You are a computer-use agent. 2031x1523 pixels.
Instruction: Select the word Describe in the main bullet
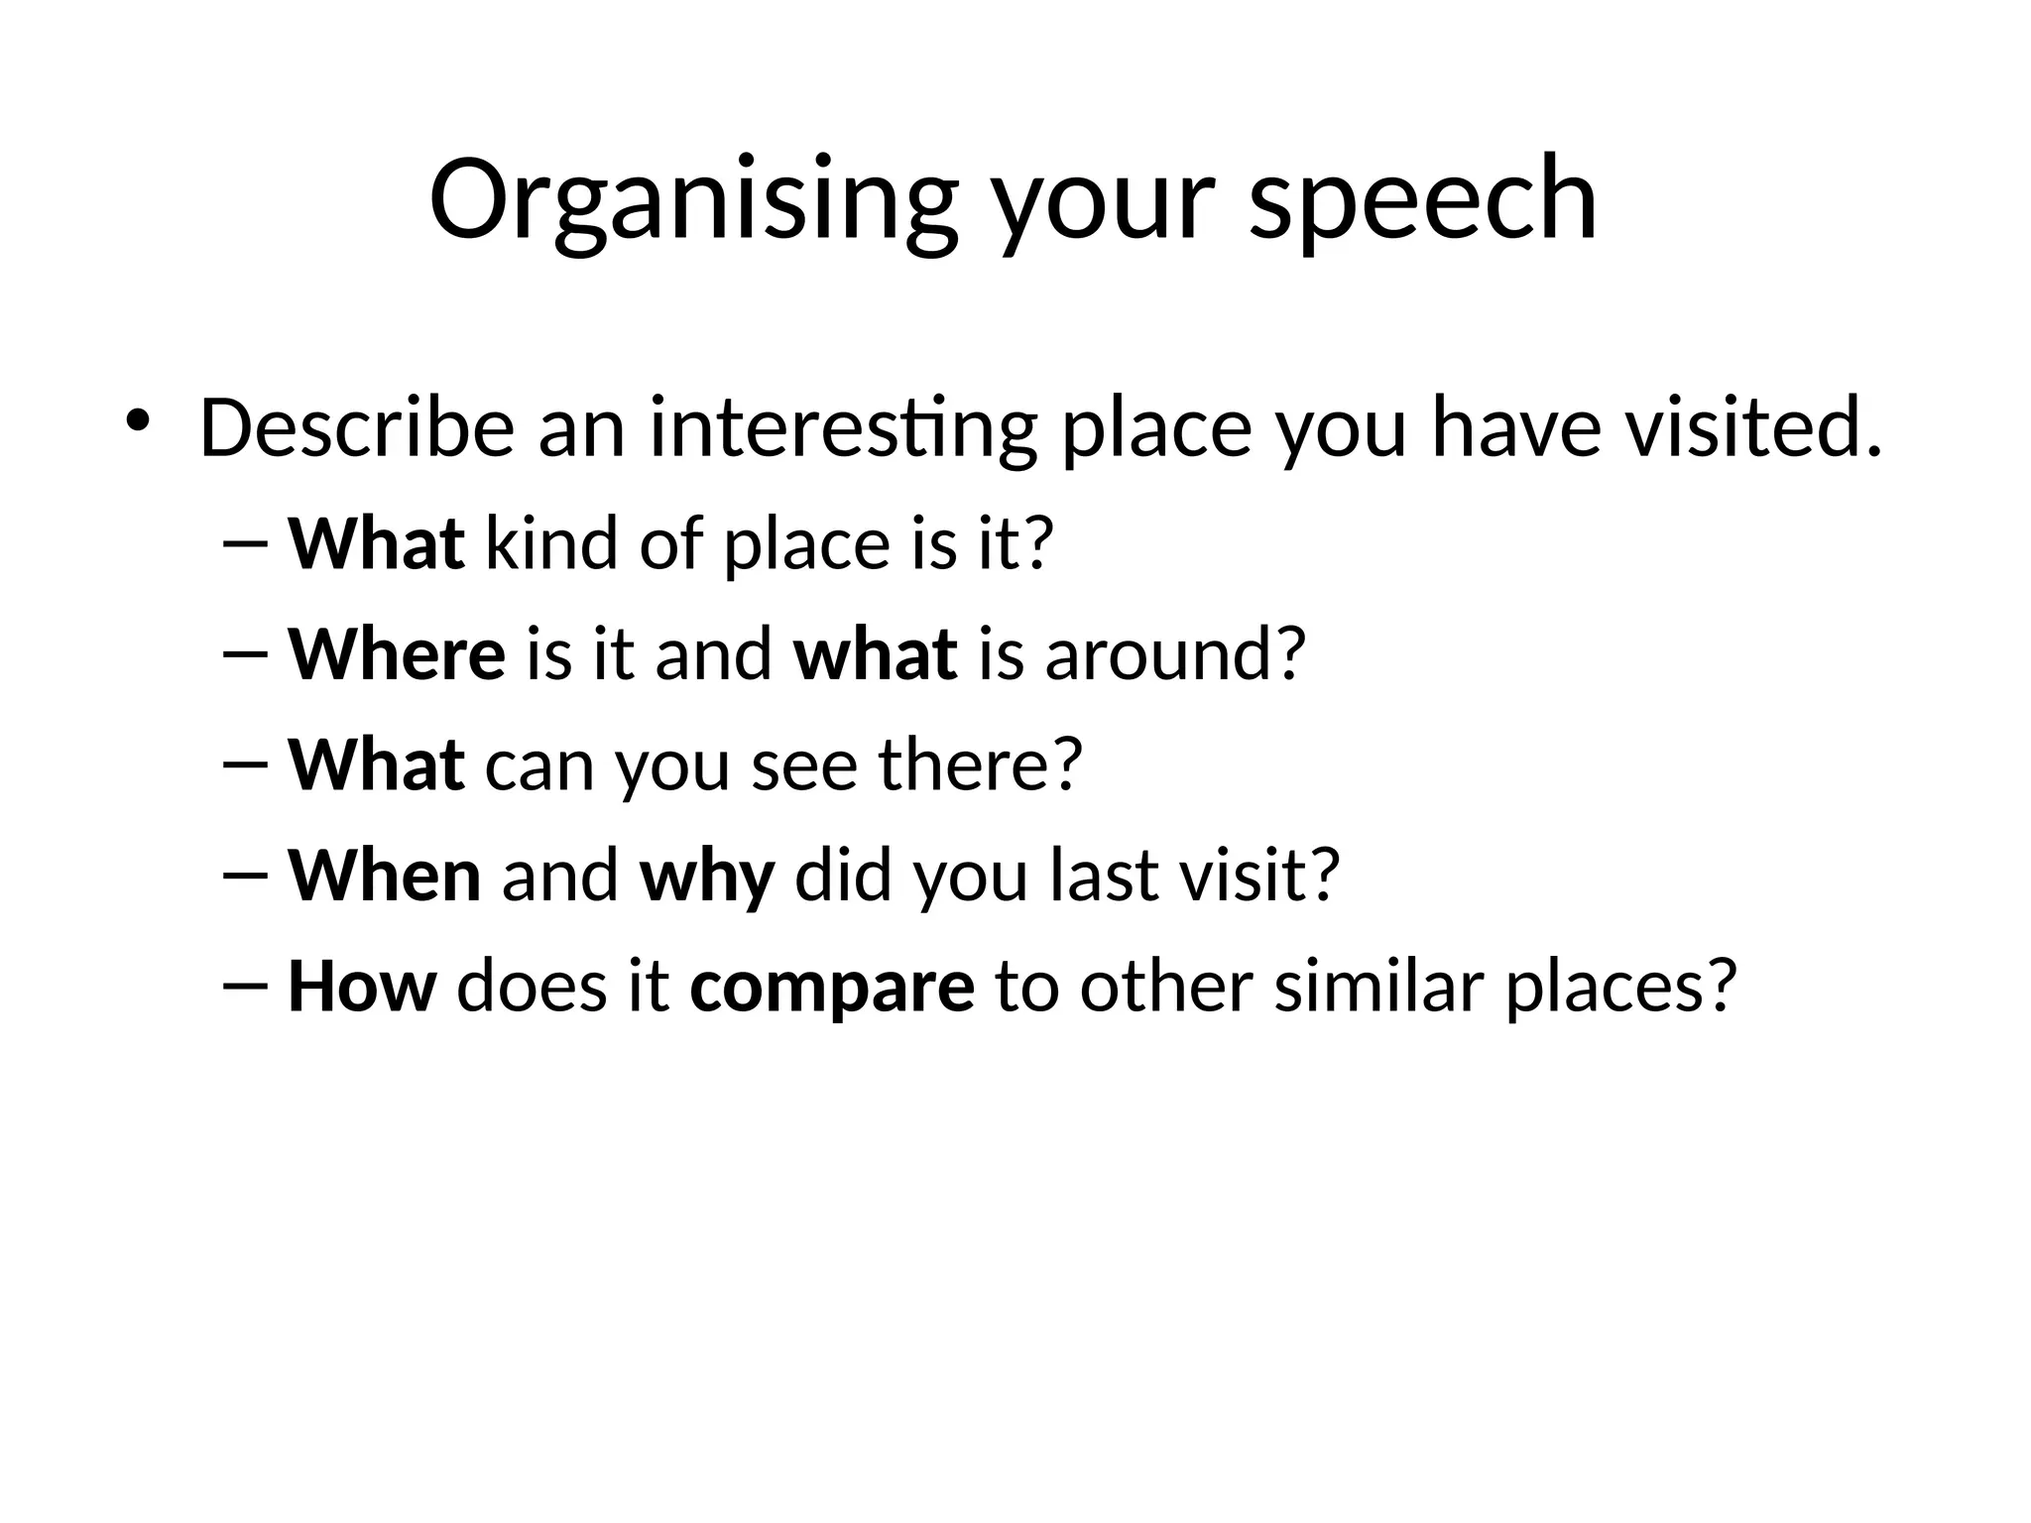tap(357, 428)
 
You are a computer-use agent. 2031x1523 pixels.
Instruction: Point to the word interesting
tap(843, 428)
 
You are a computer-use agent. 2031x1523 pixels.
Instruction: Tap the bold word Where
tap(396, 654)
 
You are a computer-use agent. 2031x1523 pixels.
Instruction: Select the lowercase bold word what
tap(876, 654)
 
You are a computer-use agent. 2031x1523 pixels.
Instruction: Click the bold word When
tap(384, 876)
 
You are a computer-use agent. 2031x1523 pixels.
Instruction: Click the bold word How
tap(361, 987)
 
